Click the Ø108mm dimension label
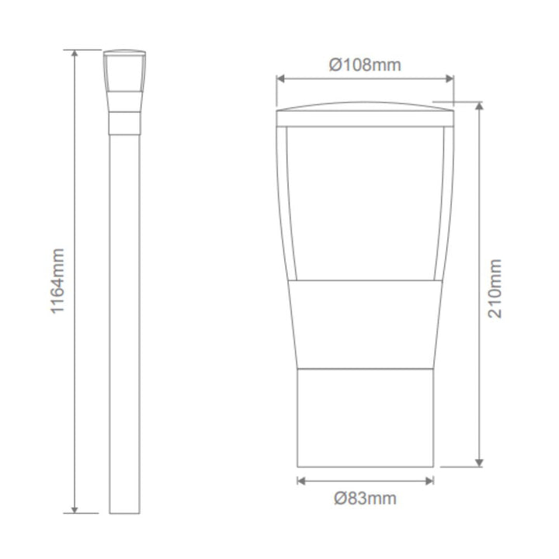click(365, 65)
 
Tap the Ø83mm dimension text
click(365, 498)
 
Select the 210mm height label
click(495, 289)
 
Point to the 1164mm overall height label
click(57, 281)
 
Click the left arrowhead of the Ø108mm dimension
click(280, 78)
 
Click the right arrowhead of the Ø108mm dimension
click(450, 78)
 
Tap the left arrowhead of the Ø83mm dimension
click(301, 481)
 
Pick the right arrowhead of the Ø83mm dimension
click(429, 481)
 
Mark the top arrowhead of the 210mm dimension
click(480, 106)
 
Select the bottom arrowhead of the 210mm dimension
click(480, 463)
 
